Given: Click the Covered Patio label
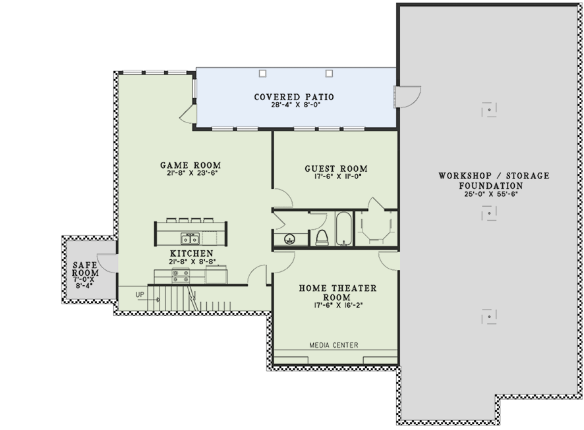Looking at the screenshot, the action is [x=294, y=97].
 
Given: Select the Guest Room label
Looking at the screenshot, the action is [x=336, y=169].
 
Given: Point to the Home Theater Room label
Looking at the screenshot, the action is [x=337, y=292].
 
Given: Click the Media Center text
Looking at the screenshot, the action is [x=334, y=345].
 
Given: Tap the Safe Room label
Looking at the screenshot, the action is [x=85, y=269].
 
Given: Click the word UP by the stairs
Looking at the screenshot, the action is [x=140, y=294].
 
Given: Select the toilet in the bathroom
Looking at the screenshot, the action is [x=322, y=238].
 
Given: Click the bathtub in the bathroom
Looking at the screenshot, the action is [x=343, y=228].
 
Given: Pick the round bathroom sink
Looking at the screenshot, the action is [x=289, y=239].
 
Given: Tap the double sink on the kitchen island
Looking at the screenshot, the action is [x=190, y=238].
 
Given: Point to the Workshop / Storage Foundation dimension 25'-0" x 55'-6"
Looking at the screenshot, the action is [x=491, y=194].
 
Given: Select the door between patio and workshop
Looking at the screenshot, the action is [x=407, y=97].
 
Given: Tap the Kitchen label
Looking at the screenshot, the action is [x=191, y=254].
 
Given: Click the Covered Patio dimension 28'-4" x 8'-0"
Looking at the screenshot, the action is [x=296, y=105].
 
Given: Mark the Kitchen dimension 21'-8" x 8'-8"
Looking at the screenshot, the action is [x=192, y=261].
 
